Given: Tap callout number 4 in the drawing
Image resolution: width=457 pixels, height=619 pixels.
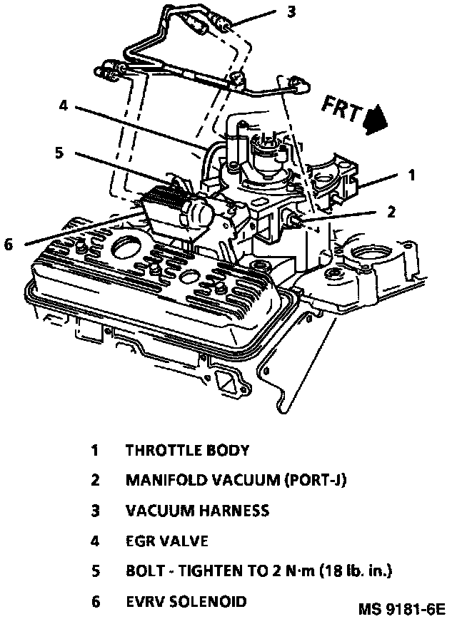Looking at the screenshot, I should pyautogui.click(x=64, y=106).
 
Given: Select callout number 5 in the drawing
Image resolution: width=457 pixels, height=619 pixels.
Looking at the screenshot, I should pyautogui.click(x=59, y=151).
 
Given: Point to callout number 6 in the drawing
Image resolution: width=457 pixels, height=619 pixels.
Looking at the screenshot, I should pyautogui.click(x=9, y=245).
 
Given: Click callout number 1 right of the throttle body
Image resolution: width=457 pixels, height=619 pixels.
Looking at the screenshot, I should pyautogui.click(x=411, y=174).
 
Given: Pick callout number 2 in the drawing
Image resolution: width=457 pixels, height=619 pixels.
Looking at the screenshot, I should pyautogui.click(x=391, y=211).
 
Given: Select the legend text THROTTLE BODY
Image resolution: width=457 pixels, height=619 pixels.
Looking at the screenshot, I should pyautogui.click(x=187, y=451).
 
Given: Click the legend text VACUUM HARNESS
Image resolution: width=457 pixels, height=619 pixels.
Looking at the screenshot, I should pyautogui.click(x=197, y=511).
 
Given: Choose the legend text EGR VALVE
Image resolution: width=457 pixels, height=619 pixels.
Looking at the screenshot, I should pyautogui.click(x=166, y=541).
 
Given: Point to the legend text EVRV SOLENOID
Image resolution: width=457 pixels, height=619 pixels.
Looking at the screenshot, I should pyautogui.click(x=186, y=601).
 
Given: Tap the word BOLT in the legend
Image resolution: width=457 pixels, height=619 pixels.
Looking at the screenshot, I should pyautogui.click(x=144, y=571).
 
